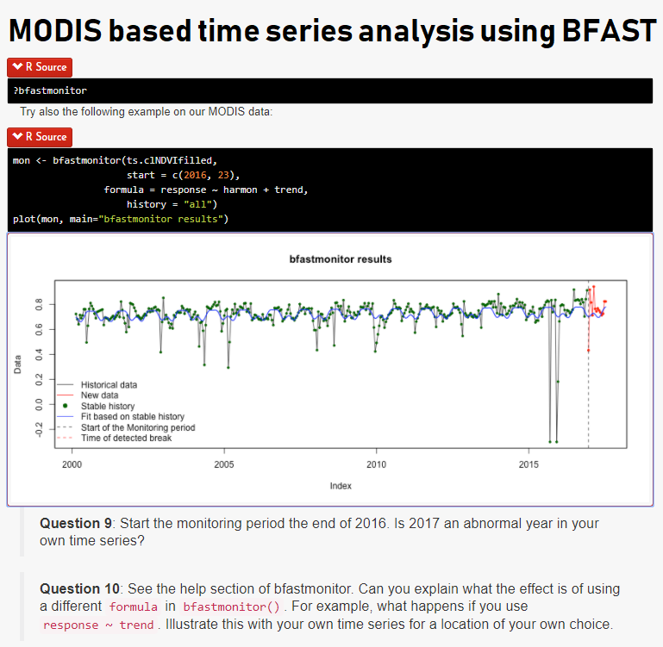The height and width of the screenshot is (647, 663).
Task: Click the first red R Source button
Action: (40, 67)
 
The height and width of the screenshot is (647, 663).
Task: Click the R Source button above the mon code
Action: (40, 137)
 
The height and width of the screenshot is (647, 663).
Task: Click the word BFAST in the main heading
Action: (609, 31)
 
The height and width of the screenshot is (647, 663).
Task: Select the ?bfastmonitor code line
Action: (50, 90)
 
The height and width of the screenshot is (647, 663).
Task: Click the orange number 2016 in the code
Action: (195, 175)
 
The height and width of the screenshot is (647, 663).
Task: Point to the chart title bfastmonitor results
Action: (341, 259)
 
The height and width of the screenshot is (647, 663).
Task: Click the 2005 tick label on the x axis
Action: (224, 464)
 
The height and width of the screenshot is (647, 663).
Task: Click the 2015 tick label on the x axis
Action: (529, 464)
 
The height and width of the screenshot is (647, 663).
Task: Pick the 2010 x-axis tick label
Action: (376, 464)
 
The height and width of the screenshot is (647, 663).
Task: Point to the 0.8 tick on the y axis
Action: (39, 304)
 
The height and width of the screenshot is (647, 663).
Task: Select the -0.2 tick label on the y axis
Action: (39, 429)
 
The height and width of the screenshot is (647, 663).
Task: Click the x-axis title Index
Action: (341, 486)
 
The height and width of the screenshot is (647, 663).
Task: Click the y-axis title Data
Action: (17, 364)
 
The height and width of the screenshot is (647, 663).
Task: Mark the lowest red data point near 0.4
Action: (588, 351)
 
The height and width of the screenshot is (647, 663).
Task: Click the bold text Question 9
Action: (75, 523)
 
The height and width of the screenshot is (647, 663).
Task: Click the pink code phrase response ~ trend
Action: (98, 625)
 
